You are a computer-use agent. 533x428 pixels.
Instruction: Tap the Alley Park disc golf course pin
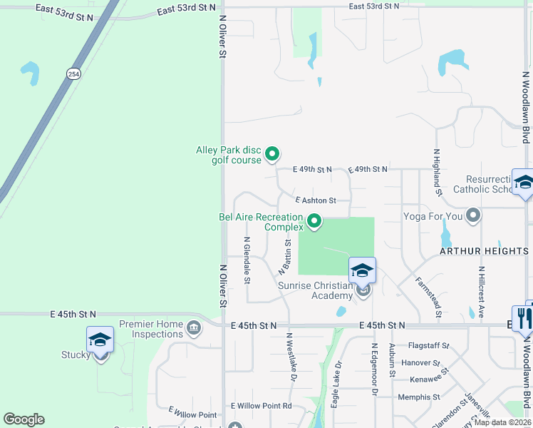click(x=271, y=153)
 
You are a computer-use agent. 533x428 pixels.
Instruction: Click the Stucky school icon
click(x=100, y=340)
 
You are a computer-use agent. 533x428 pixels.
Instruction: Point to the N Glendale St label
click(x=247, y=260)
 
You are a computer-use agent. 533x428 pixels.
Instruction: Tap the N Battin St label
click(x=286, y=257)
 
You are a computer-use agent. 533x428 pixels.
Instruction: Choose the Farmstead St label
click(x=428, y=297)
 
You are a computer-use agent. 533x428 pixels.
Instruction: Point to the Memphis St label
click(x=419, y=397)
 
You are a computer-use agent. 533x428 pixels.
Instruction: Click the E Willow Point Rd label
click(x=262, y=406)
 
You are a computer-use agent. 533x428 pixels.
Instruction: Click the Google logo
click(x=24, y=419)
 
